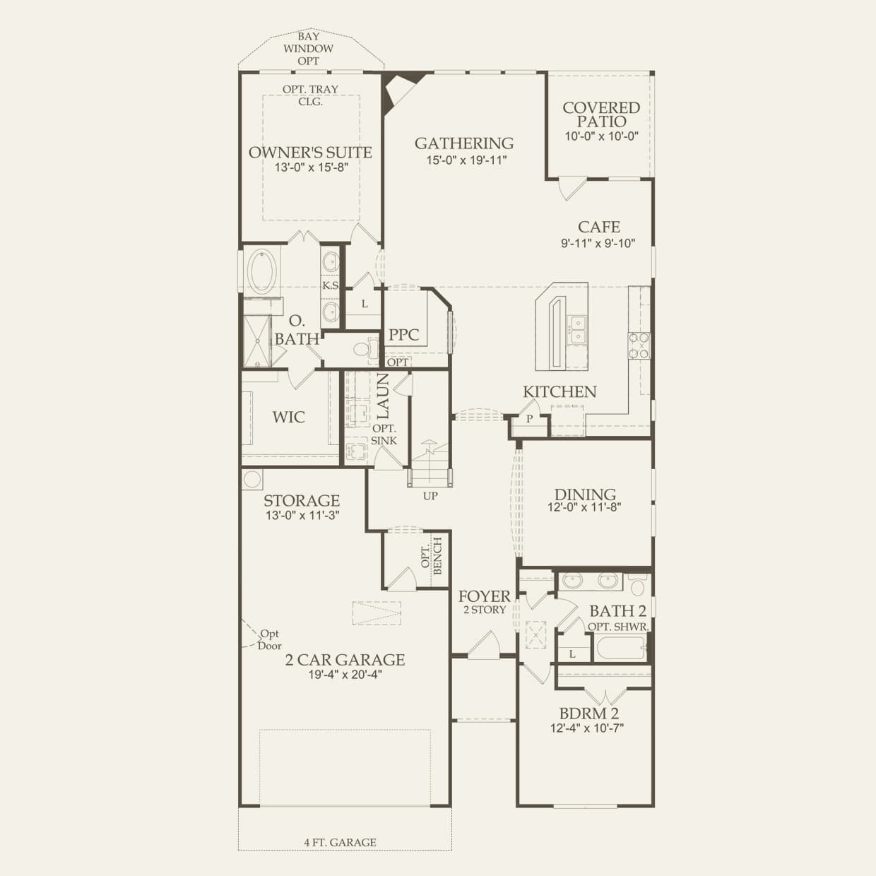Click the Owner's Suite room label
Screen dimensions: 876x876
pyautogui.click(x=310, y=153)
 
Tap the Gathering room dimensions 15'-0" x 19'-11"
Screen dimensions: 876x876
pyautogui.click(x=466, y=160)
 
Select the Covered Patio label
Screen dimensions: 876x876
pyautogui.click(x=601, y=114)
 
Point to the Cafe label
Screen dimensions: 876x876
pyautogui.click(x=598, y=227)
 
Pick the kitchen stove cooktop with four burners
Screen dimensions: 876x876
pyautogui.click(x=639, y=346)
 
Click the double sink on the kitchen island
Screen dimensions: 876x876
pyautogui.click(x=578, y=330)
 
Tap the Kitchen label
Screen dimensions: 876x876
pyautogui.click(x=559, y=392)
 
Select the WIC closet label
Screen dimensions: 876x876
pyautogui.click(x=289, y=417)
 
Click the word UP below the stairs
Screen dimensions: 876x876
pyautogui.click(x=430, y=496)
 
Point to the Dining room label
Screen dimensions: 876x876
pyautogui.click(x=585, y=494)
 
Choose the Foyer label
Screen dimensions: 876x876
pyautogui.click(x=485, y=596)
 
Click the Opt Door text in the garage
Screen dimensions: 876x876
pyautogui.click(x=270, y=639)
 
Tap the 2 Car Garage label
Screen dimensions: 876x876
pyautogui.click(x=345, y=660)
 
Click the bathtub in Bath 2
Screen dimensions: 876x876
pyautogui.click(x=620, y=648)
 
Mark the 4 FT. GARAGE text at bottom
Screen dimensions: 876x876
pyautogui.click(x=340, y=842)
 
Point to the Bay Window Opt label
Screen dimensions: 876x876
pyautogui.click(x=308, y=49)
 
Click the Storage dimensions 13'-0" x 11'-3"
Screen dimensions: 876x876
pyautogui.click(x=303, y=516)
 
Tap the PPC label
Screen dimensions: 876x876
pyautogui.click(x=403, y=335)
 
